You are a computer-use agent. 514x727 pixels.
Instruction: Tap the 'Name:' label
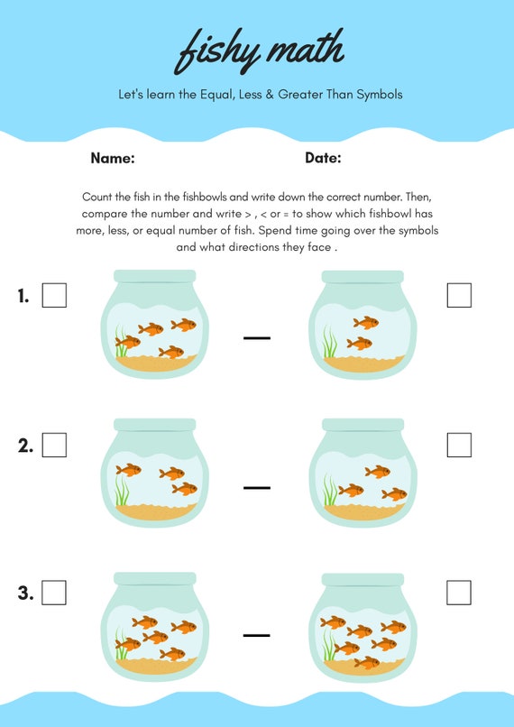[x=113, y=158]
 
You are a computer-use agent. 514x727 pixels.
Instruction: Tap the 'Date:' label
[x=323, y=158]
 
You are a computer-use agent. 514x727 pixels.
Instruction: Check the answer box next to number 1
[x=54, y=295]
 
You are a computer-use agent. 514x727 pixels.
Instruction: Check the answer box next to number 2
[x=54, y=445]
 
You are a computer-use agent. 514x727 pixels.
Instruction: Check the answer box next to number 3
[x=54, y=593]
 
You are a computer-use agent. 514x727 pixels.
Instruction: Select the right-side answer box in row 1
[x=459, y=295]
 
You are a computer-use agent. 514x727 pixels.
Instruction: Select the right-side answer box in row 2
[x=459, y=445]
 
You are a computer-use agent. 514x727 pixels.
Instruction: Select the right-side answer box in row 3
[x=459, y=593]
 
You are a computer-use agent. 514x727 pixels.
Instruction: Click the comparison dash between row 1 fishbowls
[x=257, y=338]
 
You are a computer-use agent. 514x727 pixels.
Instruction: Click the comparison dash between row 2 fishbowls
[x=257, y=488]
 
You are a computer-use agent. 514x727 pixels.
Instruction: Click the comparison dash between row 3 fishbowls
[x=257, y=635]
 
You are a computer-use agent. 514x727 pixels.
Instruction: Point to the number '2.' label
[x=25, y=446]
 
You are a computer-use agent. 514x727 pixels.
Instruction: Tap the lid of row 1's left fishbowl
[x=155, y=276]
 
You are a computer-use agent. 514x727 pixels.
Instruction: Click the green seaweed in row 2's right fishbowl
[x=330, y=490]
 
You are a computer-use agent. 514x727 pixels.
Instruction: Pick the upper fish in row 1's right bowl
[x=366, y=323]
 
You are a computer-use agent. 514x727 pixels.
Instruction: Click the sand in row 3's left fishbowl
[x=156, y=666]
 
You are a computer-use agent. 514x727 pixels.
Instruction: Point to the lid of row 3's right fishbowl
[x=363, y=579]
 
